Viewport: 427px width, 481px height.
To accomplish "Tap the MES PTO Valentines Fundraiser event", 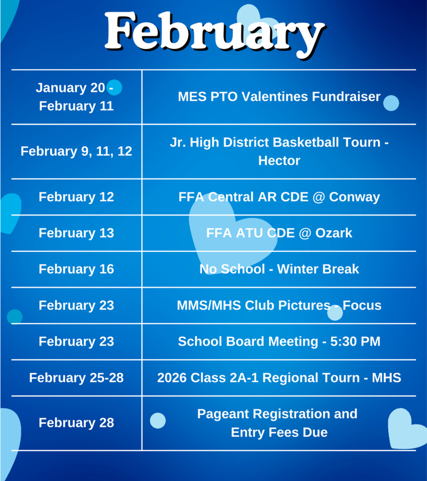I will [279, 97].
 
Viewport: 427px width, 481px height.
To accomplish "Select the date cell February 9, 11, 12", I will [76, 151].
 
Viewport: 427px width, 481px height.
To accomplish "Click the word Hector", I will [279, 161].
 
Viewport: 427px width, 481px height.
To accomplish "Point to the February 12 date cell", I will [76, 197].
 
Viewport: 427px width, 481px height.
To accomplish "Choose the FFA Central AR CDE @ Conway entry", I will [279, 197].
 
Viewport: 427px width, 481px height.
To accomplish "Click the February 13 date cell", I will [76, 233].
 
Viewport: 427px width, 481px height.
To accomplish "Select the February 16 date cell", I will [76, 269].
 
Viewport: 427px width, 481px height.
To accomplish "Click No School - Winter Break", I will [279, 269].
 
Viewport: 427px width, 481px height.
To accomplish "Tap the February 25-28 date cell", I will [76, 378].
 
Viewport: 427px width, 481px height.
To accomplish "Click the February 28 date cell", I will [76, 423].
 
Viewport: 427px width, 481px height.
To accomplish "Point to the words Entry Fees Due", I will [279, 432].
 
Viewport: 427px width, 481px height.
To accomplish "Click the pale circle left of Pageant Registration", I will [158, 420].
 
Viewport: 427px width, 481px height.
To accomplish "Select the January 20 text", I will [70, 88].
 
